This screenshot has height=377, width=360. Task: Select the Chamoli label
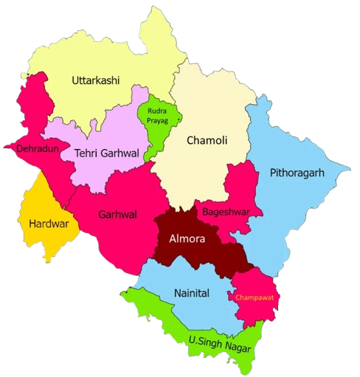click(x=207, y=140)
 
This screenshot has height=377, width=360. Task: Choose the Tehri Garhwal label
click(x=106, y=153)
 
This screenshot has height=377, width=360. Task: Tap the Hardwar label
click(x=48, y=222)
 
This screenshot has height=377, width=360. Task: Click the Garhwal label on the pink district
click(x=117, y=215)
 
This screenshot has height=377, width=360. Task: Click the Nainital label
click(x=191, y=293)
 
